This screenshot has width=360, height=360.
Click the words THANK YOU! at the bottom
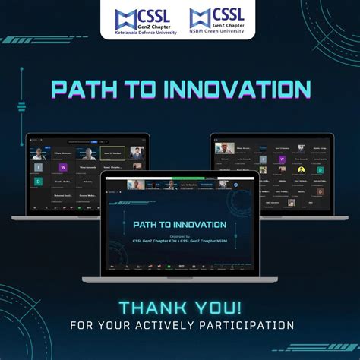point(180,308)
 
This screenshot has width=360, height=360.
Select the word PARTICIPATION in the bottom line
point(245,326)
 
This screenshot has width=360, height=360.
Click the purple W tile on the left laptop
point(64,167)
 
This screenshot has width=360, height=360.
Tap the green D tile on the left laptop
point(39,182)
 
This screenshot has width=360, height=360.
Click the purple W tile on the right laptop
point(282,159)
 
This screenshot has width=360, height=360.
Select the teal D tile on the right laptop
point(321,170)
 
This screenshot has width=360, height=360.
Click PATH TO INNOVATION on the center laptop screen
point(179,225)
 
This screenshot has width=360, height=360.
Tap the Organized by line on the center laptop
point(179,235)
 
